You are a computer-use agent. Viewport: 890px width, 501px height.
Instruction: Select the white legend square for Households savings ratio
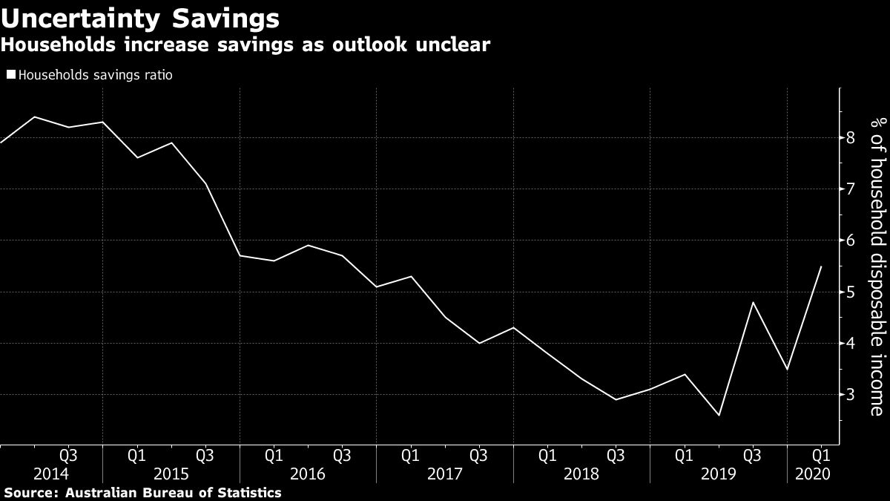click(10, 75)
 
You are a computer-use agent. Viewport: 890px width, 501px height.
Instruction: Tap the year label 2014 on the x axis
click(51, 474)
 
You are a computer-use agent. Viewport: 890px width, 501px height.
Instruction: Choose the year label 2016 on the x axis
click(308, 474)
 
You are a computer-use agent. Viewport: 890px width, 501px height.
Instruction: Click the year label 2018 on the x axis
click(581, 474)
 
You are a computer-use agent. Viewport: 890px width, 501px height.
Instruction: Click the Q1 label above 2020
click(820, 454)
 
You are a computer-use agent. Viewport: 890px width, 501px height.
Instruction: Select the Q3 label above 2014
click(68, 454)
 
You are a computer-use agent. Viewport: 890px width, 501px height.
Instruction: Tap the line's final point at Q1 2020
click(820, 266)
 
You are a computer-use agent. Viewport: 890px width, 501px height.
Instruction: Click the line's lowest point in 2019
click(718, 415)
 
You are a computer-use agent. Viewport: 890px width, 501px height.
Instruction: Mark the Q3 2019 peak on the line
click(752, 302)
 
